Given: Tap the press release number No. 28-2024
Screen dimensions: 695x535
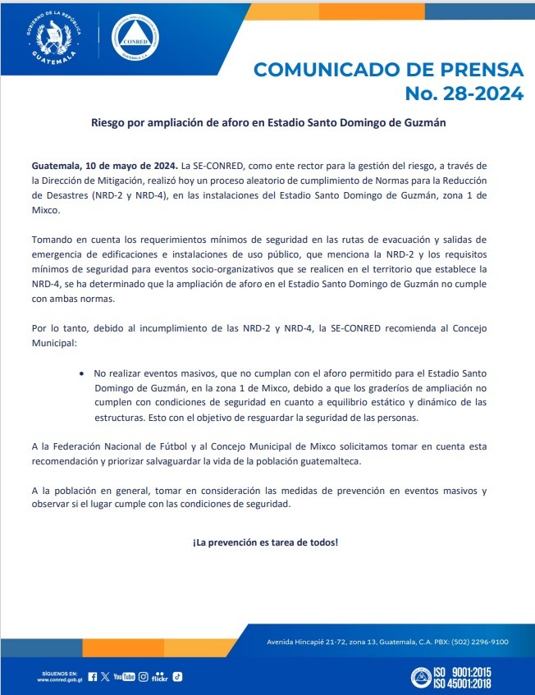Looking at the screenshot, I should (464, 93).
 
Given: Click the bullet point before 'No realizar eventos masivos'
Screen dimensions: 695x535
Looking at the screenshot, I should (82, 373).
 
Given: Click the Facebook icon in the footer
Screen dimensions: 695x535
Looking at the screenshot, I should (92, 677).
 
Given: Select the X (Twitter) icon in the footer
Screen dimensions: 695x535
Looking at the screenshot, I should (104, 677).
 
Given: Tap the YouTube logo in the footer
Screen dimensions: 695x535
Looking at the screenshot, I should (124, 677).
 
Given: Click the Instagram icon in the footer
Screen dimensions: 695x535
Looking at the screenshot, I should (143, 677).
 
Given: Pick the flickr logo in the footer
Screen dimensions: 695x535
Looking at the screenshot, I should (160, 677).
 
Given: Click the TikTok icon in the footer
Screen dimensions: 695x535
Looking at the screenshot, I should (176, 677).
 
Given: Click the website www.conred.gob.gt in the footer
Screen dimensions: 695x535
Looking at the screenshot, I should (60, 680).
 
